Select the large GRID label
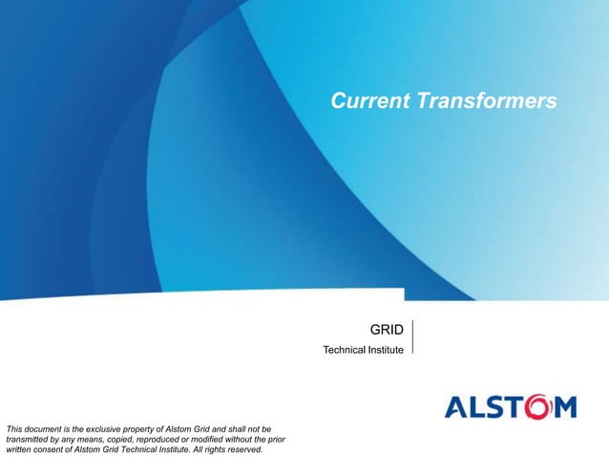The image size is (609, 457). (387, 331)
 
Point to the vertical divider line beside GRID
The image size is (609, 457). (412, 337)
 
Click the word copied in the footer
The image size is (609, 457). (118, 437)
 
